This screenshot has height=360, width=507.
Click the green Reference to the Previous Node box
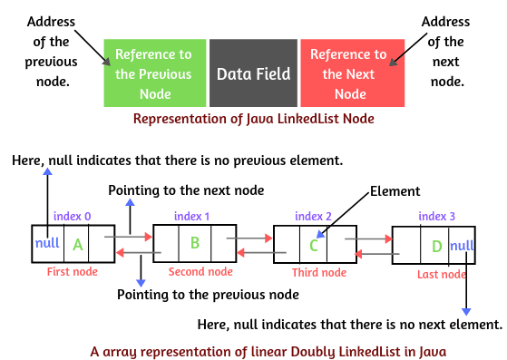pos(155,73)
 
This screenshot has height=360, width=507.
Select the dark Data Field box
pos(253,73)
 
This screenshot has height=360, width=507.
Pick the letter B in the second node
pos(194,243)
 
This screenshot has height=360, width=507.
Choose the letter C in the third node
pos(314,246)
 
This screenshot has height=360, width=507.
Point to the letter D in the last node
pos(438,247)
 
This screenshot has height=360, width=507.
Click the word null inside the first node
pos(47,243)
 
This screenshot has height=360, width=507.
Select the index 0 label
pos(73,216)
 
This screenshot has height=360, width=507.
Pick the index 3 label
pos(438,218)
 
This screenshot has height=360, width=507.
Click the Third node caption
pos(318,273)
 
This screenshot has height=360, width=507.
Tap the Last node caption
pos(441,274)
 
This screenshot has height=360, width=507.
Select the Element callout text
pos(394,191)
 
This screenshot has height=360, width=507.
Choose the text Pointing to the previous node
pos(209,294)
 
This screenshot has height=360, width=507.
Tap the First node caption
pos(72,271)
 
